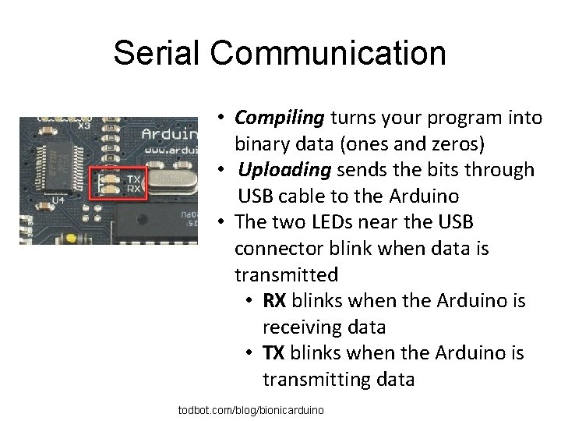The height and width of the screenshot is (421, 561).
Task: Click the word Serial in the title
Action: pyautogui.click(x=157, y=54)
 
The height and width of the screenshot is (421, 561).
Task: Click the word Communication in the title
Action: pyautogui.click(x=328, y=54)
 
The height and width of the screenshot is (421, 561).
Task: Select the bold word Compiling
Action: pyautogui.click(x=279, y=118)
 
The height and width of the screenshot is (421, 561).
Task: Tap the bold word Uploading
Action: pyautogui.click(x=284, y=170)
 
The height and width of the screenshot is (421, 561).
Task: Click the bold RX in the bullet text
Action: pyautogui.click(x=274, y=301)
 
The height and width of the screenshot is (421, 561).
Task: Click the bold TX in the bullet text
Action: pyautogui.click(x=273, y=353)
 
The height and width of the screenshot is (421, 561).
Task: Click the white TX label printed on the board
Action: pyautogui.click(x=133, y=179)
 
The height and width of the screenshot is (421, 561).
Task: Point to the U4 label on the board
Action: pyautogui.click(x=59, y=200)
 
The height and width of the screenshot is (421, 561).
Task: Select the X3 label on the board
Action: pyautogui.click(x=83, y=125)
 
